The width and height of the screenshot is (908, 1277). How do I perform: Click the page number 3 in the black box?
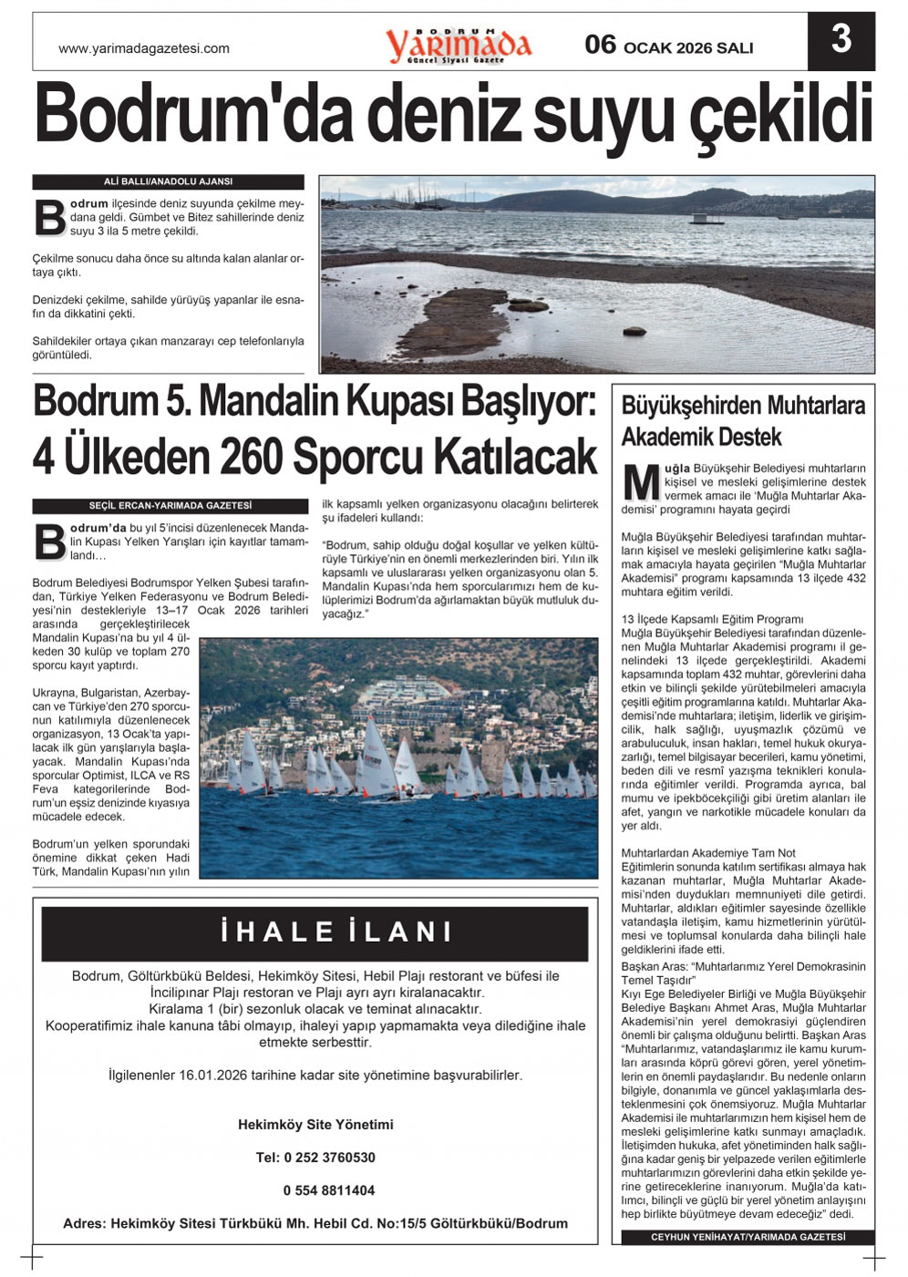(x=841, y=41)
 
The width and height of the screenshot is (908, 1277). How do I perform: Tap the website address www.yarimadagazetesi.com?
(x=144, y=48)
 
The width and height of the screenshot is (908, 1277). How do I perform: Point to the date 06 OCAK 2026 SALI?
(x=669, y=46)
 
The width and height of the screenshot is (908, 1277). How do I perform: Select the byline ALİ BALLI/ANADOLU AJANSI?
(x=169, y=181)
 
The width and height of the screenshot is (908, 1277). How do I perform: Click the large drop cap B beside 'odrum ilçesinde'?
(x=49, y=217)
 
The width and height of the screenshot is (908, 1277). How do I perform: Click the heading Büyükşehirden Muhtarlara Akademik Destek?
(x=742, y=420)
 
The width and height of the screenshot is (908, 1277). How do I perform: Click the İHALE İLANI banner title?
(x=337, y=932)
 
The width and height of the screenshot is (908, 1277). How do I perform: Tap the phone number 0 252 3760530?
(x=315, y=1158)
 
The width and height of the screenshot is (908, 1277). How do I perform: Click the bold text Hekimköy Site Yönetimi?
(x=315, y=1125)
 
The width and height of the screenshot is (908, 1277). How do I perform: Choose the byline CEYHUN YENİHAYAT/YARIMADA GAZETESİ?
(x=748, y=1237)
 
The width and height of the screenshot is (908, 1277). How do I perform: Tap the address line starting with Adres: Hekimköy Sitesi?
(x=315, y=1223)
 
